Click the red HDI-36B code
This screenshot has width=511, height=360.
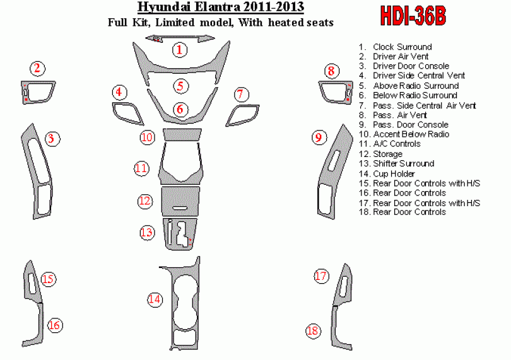click(x=413, y=15)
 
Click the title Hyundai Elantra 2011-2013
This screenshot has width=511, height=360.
click(x=221, y=7)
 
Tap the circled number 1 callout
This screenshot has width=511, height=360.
click(x=180, y=50)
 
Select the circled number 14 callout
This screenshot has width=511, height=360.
click(x=155, y=299)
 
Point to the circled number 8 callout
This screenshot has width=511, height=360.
click(x=331, y=71)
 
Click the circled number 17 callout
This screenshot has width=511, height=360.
click(x=321, y=276)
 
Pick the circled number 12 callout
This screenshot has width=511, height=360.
click(x=145, y=200)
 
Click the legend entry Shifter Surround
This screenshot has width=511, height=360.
click(x=397, y=163)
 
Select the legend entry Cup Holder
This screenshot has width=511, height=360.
click(x=387, y=173)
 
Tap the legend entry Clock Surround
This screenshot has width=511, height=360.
click(x=396, y=47)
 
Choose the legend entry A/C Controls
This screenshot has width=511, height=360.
click(x=390, y=144)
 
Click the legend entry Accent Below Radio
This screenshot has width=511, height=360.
click(x=404, y=134)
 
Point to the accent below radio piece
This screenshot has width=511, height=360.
click(x=182, y=134)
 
